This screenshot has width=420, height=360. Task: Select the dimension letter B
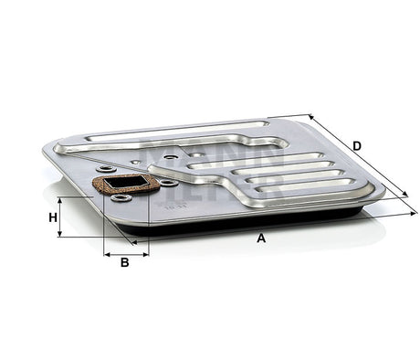coord(124,263)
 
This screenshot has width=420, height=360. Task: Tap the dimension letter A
coord(261,238)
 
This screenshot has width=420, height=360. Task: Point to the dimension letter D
coord(357,145)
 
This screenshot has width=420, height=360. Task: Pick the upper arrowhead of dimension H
coord(60,199)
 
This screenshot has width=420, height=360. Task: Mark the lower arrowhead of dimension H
coord(60,235)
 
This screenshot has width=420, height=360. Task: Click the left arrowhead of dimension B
coord(107,253)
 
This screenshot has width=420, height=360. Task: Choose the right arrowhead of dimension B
coord(146,253)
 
